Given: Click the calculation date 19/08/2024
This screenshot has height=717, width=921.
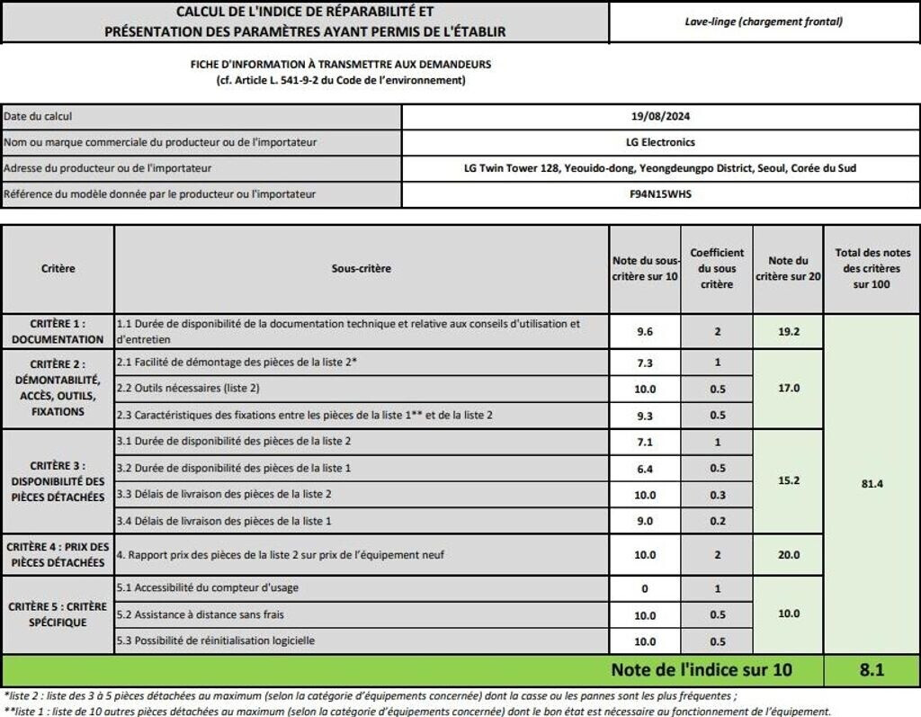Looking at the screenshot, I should point(660,116).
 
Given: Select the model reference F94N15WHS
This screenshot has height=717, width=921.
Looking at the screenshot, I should point(660,194).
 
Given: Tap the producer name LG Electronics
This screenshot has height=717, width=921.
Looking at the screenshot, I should point(660,142).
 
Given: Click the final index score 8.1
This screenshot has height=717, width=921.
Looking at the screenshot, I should point(872,670).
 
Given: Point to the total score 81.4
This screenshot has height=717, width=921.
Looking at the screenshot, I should point(872,483).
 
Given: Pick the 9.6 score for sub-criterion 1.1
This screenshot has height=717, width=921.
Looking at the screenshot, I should point(644,331).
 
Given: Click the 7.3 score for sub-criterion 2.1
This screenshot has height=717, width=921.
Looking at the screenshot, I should point(644,362).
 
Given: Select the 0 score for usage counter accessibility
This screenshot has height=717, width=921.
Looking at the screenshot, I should point(644,588).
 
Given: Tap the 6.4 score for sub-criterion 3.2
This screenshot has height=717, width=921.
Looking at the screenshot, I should point(644,468).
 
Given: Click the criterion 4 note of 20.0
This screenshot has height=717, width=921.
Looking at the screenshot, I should point(788,555).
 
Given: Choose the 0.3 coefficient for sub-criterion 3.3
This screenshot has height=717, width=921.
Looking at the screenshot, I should point(717,495).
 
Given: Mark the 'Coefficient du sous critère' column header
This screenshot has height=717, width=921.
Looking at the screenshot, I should point(717,268).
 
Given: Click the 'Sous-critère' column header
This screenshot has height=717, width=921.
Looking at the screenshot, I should point(361,268).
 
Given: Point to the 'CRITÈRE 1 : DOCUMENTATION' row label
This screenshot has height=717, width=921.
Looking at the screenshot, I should point(58,331).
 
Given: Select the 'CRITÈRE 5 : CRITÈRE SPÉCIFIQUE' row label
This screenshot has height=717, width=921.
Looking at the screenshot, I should point(58,614).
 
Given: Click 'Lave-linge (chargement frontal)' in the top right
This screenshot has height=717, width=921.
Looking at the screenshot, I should point(763,22).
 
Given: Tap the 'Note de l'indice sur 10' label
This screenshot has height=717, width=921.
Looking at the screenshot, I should point(702,670).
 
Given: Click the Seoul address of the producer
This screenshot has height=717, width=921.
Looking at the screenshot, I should point(660,168).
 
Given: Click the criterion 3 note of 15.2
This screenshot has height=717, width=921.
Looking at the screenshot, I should point(788,480).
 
